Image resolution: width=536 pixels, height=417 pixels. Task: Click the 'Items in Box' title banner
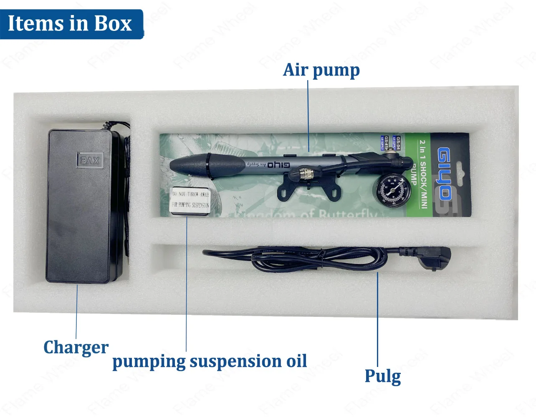coord(70,23)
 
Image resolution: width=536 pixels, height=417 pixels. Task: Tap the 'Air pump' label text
coord(321,70)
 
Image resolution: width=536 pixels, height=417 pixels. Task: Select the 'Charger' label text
coord(76,347)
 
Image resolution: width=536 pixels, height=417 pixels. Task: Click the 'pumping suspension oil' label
coord(210,361)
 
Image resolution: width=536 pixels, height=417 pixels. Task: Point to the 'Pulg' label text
coord(382,376)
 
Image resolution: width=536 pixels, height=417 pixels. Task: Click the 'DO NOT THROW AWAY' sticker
coord(191,200)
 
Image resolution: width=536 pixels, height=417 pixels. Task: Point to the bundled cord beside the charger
coord(126,188)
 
